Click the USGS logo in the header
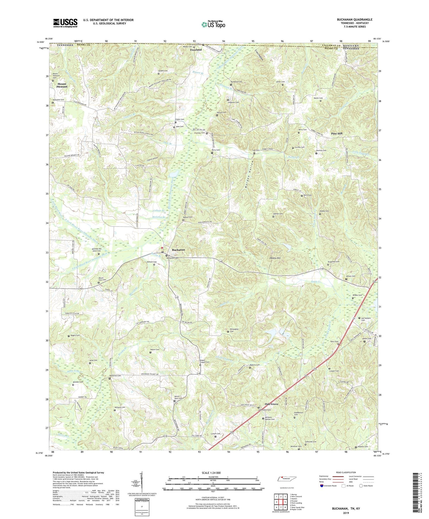click(65, 23)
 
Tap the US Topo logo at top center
click(213, 24)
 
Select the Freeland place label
click(196, 50)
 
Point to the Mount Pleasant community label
click(62, 85)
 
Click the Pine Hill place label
click(337, 134)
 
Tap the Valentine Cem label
click(58, 100)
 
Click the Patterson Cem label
click(115, 376)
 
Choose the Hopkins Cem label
click(362, 446)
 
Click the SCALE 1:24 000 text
click(212, 473)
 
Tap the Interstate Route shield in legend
click(322, 486)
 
